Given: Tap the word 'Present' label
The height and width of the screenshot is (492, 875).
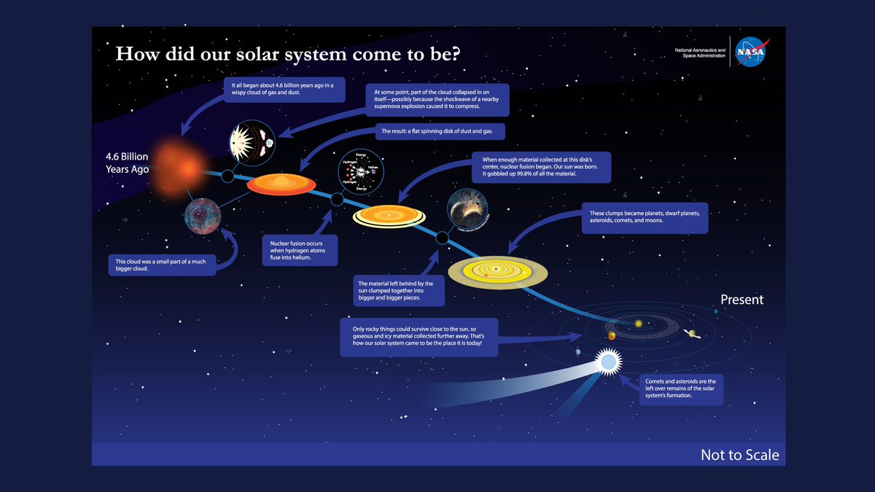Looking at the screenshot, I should (742, 300).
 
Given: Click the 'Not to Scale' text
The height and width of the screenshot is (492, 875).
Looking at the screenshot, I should (739, 455).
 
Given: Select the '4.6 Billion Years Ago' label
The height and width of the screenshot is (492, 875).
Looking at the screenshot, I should (125, 162).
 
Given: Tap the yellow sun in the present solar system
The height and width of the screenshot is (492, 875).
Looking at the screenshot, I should (638, 323).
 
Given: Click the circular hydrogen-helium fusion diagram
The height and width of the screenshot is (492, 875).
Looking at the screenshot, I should (357, 173).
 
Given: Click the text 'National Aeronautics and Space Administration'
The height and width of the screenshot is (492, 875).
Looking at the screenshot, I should (701, 54).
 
